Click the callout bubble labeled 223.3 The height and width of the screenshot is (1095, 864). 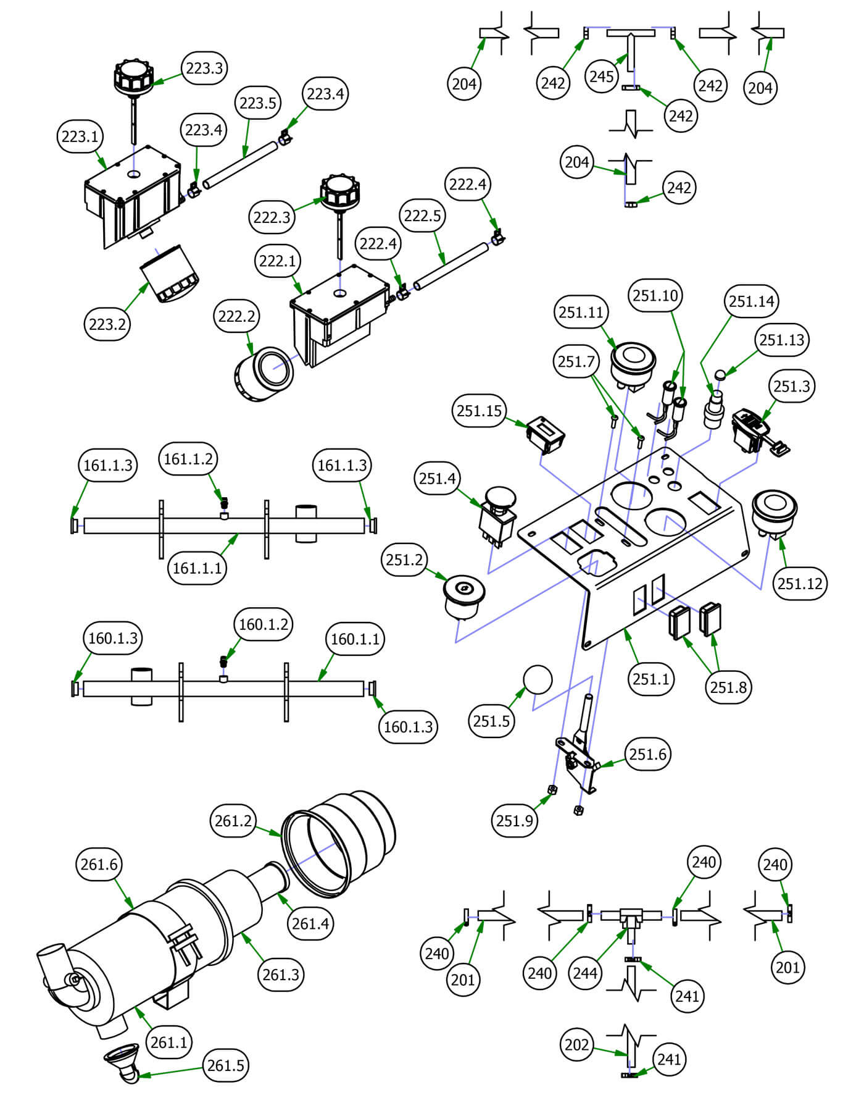[x=204, y=68]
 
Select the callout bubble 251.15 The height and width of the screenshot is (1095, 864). [x=480, y=411]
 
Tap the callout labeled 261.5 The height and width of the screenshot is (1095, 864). [x=226, y=1065]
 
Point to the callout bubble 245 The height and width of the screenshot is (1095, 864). [x=602, y=77]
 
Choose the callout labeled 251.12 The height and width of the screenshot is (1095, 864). [x=800, y=583]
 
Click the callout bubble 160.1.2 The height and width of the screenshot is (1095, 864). [x=264, y=624]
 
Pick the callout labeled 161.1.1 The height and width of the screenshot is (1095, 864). [x=197, y=568]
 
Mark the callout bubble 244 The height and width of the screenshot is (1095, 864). [x=585, y=973]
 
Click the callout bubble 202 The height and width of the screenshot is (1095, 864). [x=577, y=1044]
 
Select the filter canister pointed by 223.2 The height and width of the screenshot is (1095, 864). [x=169, y=274]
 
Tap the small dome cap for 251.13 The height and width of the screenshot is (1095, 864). [x=720, y=374]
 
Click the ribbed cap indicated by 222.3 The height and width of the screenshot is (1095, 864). [x=339, y=191]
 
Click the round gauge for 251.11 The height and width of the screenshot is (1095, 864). [x=633, y=363]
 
